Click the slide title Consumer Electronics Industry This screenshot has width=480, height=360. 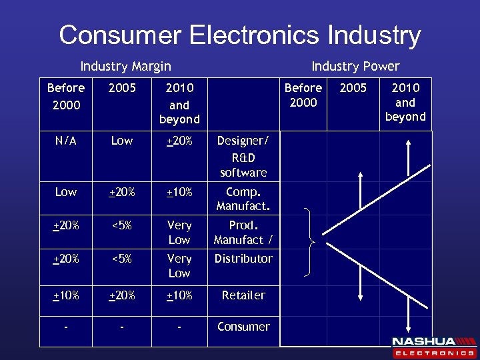click(240, 35)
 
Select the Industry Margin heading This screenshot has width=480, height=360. click(125, 66)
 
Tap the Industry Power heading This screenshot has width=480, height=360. click(355, 66)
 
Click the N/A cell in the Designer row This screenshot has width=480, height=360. click(66, 141)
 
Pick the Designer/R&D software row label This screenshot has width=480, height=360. click(243, 157)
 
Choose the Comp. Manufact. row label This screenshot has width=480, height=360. click(243, 199)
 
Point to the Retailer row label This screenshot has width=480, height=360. click(243, 295)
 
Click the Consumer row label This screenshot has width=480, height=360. click(243, 327)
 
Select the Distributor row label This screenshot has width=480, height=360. click(243, 259)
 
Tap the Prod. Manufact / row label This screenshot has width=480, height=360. click(243, 232)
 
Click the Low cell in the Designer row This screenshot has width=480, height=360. click(122, 141)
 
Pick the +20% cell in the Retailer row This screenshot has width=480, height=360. click(122, 295)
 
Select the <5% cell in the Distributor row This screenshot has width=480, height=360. click(122, 259)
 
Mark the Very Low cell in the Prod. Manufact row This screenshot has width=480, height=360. click(179, 232)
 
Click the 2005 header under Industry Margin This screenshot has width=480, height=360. click(122, 88)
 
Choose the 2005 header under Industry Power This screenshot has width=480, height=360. click(353, 88)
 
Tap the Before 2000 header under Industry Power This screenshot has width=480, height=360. click(303, 95)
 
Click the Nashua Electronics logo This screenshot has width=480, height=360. click(433, 347)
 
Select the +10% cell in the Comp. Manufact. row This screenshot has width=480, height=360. click(179, 192)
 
